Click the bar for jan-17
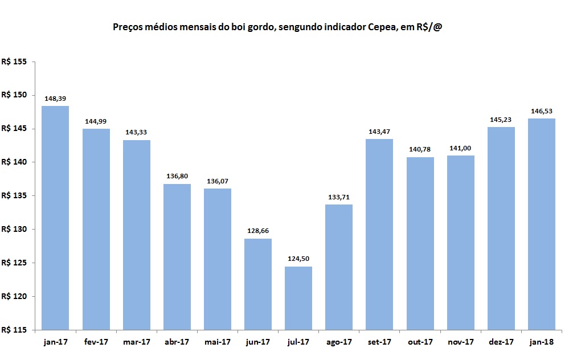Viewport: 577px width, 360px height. [55, 218]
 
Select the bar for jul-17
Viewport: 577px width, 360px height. [298, 298]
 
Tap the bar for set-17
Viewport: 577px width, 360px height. [379, 234]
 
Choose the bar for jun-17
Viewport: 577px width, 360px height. [258, 284]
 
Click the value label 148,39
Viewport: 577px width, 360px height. [55, 99]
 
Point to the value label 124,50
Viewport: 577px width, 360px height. [298, 259]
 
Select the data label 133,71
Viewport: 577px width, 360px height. [339, 197]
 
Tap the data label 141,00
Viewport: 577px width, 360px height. [460, 148]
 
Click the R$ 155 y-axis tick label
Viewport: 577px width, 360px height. [14, 62]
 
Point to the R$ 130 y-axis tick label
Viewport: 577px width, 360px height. [14, 229]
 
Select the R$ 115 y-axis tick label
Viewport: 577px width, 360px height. [14, 330]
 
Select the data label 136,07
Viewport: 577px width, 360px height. [218, 181]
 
